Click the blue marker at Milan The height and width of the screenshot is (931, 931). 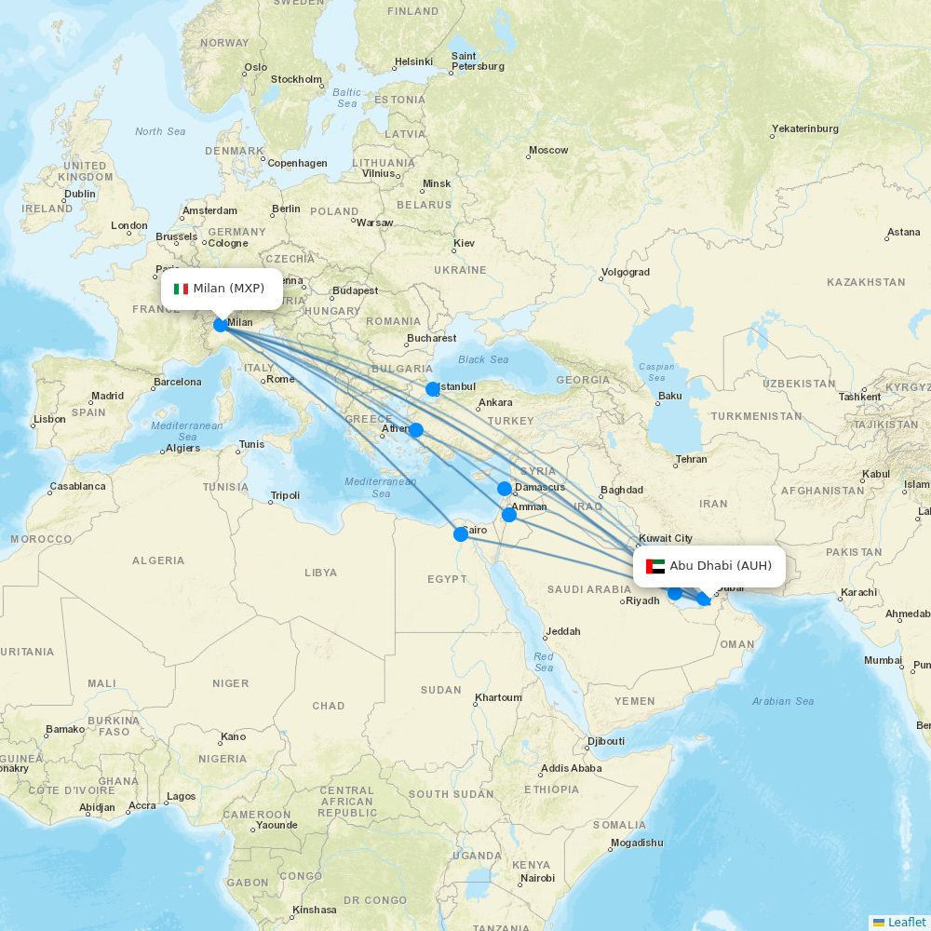(221, 324)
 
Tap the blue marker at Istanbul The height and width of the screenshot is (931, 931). (432, 389)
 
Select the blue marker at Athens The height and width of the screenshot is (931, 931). (416, 430)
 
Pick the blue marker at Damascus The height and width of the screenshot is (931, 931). (504, 488)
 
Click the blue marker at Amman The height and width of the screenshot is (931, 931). (509, 514)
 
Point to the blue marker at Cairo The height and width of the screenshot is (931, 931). (460, 533)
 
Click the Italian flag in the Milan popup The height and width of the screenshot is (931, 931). (181, 289)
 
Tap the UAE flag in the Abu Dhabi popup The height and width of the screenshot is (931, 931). (655, 566)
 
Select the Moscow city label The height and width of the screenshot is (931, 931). (548, 150)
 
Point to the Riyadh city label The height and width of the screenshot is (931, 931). (642, 600)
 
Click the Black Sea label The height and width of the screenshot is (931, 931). (483, 359)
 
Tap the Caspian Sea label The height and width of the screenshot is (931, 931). (656, 371)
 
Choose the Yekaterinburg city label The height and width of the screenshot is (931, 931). (804, 128)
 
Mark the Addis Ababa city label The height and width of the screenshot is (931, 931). (571, 768)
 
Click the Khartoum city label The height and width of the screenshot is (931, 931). (498, 697)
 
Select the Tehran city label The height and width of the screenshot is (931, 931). (691, 459)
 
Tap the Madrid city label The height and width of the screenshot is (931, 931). (107, 396)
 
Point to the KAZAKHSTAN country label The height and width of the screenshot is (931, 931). (865, 282)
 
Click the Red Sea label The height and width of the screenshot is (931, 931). (544, 662)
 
